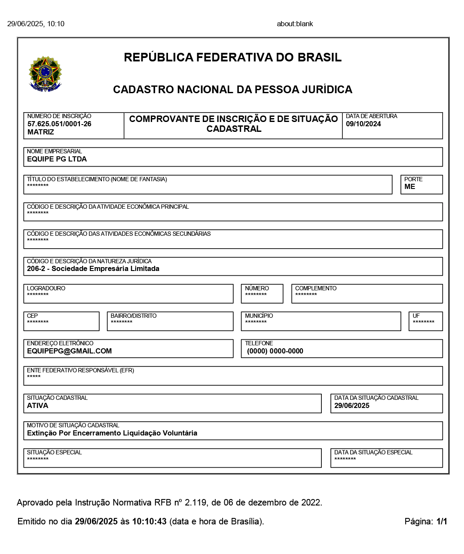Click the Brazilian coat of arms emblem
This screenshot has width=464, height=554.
tap(45, 73)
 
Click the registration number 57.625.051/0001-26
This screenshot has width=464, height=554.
tap(59, 124)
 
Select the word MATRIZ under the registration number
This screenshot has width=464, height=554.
tap(41, 132)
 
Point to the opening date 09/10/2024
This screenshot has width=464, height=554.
tap(363, 124)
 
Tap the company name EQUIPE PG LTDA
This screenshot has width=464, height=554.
tap(57, 159)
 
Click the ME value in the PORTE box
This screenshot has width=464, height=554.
tap(410, 187)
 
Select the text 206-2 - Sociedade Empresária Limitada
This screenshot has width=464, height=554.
tap(93, 269)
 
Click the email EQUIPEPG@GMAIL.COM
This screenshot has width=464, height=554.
tap(69, 351)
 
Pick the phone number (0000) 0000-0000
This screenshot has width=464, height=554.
tap(275, 351)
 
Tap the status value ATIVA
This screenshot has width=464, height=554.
tap(38, 406)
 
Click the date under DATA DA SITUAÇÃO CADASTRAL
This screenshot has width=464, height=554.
tap(352, 406)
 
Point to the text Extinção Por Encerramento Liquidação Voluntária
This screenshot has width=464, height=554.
tap(112, 433)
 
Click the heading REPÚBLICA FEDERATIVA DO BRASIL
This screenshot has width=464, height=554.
tap(232, 58)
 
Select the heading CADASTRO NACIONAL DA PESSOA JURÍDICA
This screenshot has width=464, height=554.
tap(232, 90)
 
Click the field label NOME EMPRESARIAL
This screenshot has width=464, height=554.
tap(54, 152)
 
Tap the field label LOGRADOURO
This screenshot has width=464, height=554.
tap(46, 289)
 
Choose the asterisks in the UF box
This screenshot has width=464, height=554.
tap(424, 322)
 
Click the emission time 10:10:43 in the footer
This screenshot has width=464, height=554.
tap(149, 522)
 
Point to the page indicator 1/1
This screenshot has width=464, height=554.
tap(442, 522)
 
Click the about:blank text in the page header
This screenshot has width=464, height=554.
tap(295, 24)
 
